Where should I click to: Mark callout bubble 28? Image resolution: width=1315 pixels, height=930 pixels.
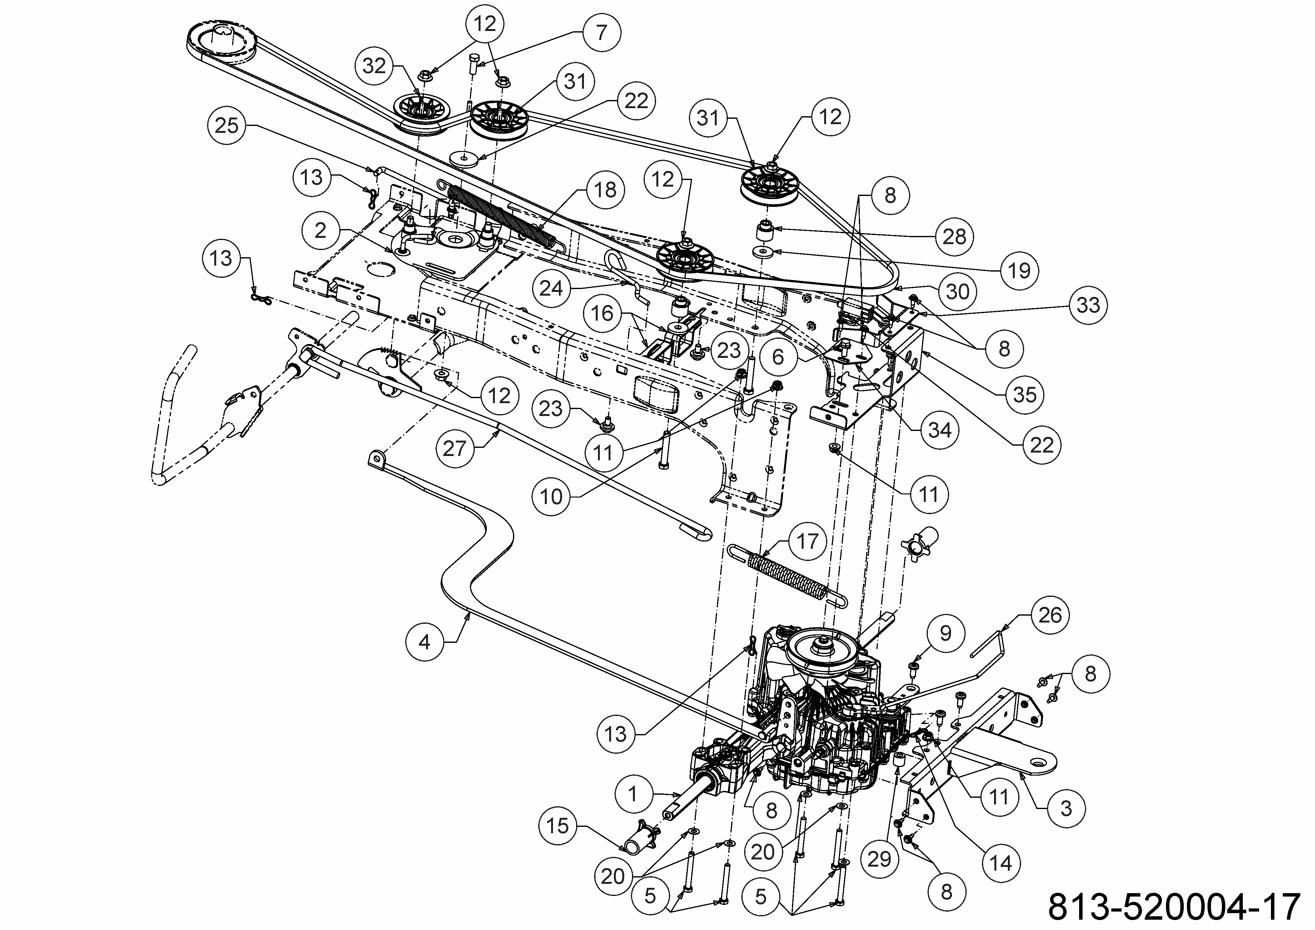[x=954, y=236]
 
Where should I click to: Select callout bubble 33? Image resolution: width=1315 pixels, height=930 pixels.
[x=1088, y=304]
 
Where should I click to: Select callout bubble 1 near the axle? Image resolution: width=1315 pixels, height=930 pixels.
[x=633, y=794]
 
